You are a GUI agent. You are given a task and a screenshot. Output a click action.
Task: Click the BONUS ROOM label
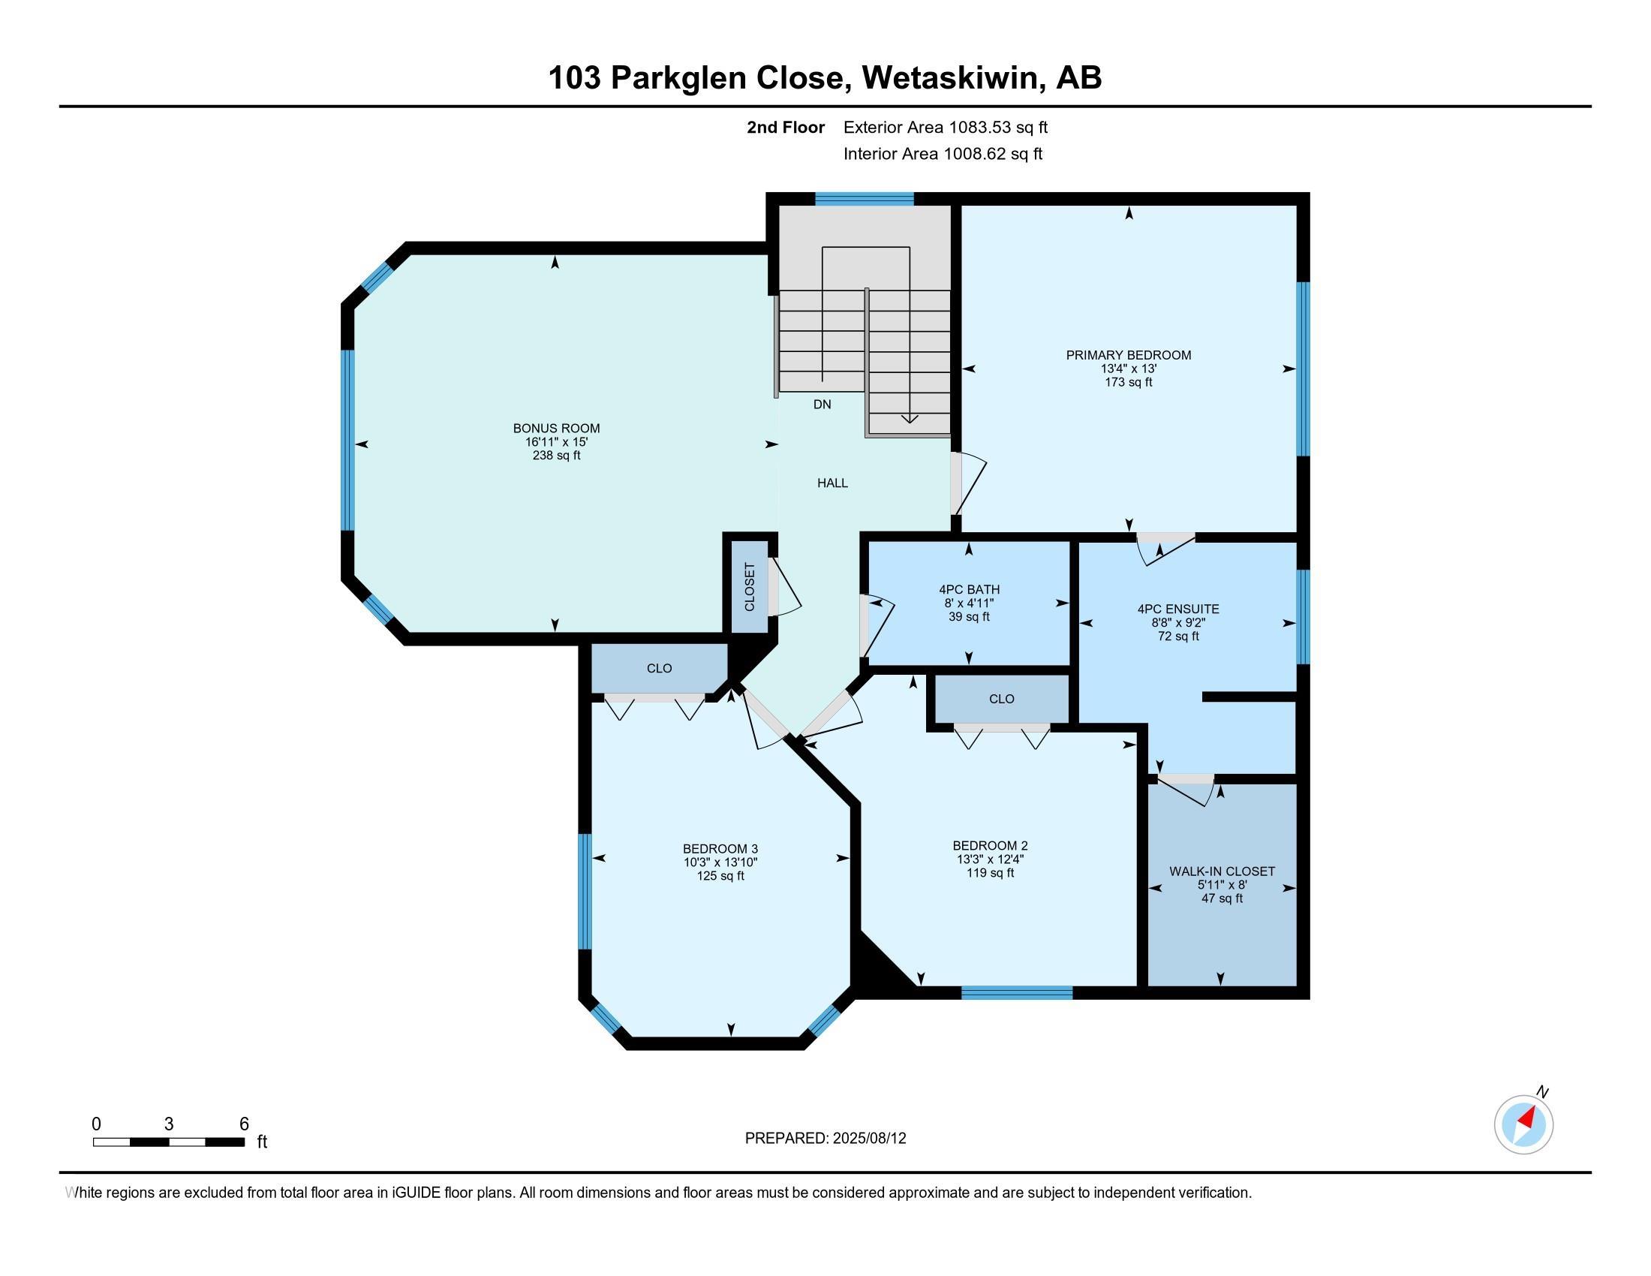pyautogui.click(x=556, y=429)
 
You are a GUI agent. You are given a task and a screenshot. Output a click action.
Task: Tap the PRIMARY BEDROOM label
pyautogui.click(x=1129, y=355)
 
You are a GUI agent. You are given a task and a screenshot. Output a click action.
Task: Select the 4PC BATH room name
pyautogui.click(x=969, y=590)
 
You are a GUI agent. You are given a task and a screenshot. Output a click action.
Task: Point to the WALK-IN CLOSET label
pyautogui.click(x=1222, y=871)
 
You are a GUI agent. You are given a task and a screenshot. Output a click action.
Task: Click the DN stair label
pyautogui.click(x=822, y=405)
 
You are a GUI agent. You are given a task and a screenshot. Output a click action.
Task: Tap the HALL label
pyautogui.click(x=832, y=483)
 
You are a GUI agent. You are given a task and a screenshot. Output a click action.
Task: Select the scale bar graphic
pyautogui.click(x=169, y=1142)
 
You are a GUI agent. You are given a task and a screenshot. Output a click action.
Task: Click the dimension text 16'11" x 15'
pyautogui.click(x=556, y=442)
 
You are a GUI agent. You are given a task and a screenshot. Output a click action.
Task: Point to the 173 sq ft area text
pyautogui.click(x=1129, y=383)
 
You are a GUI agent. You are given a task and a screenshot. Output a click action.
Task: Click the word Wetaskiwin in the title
pyautogui.click(x=950, y=78)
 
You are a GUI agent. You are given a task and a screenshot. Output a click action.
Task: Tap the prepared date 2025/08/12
pyautogui.click(x=869, y=1139)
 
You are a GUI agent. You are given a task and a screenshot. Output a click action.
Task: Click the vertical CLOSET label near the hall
pyautogui.click(x=750, y=587)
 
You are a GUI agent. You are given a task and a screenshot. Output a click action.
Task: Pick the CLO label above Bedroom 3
pyautogui.click(x=659, y=669)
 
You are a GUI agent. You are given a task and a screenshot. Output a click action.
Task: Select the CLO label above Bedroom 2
pyautogui.click(x=1002, y=700)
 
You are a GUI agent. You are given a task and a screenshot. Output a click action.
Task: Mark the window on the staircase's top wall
pyautogui.click(x=864, y=199)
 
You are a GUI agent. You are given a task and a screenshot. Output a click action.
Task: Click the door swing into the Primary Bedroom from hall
pyautogui.click(x=968, y=484)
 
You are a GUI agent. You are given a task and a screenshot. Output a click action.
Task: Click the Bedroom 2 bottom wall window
pyautogui.click(x=1017, y=992)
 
